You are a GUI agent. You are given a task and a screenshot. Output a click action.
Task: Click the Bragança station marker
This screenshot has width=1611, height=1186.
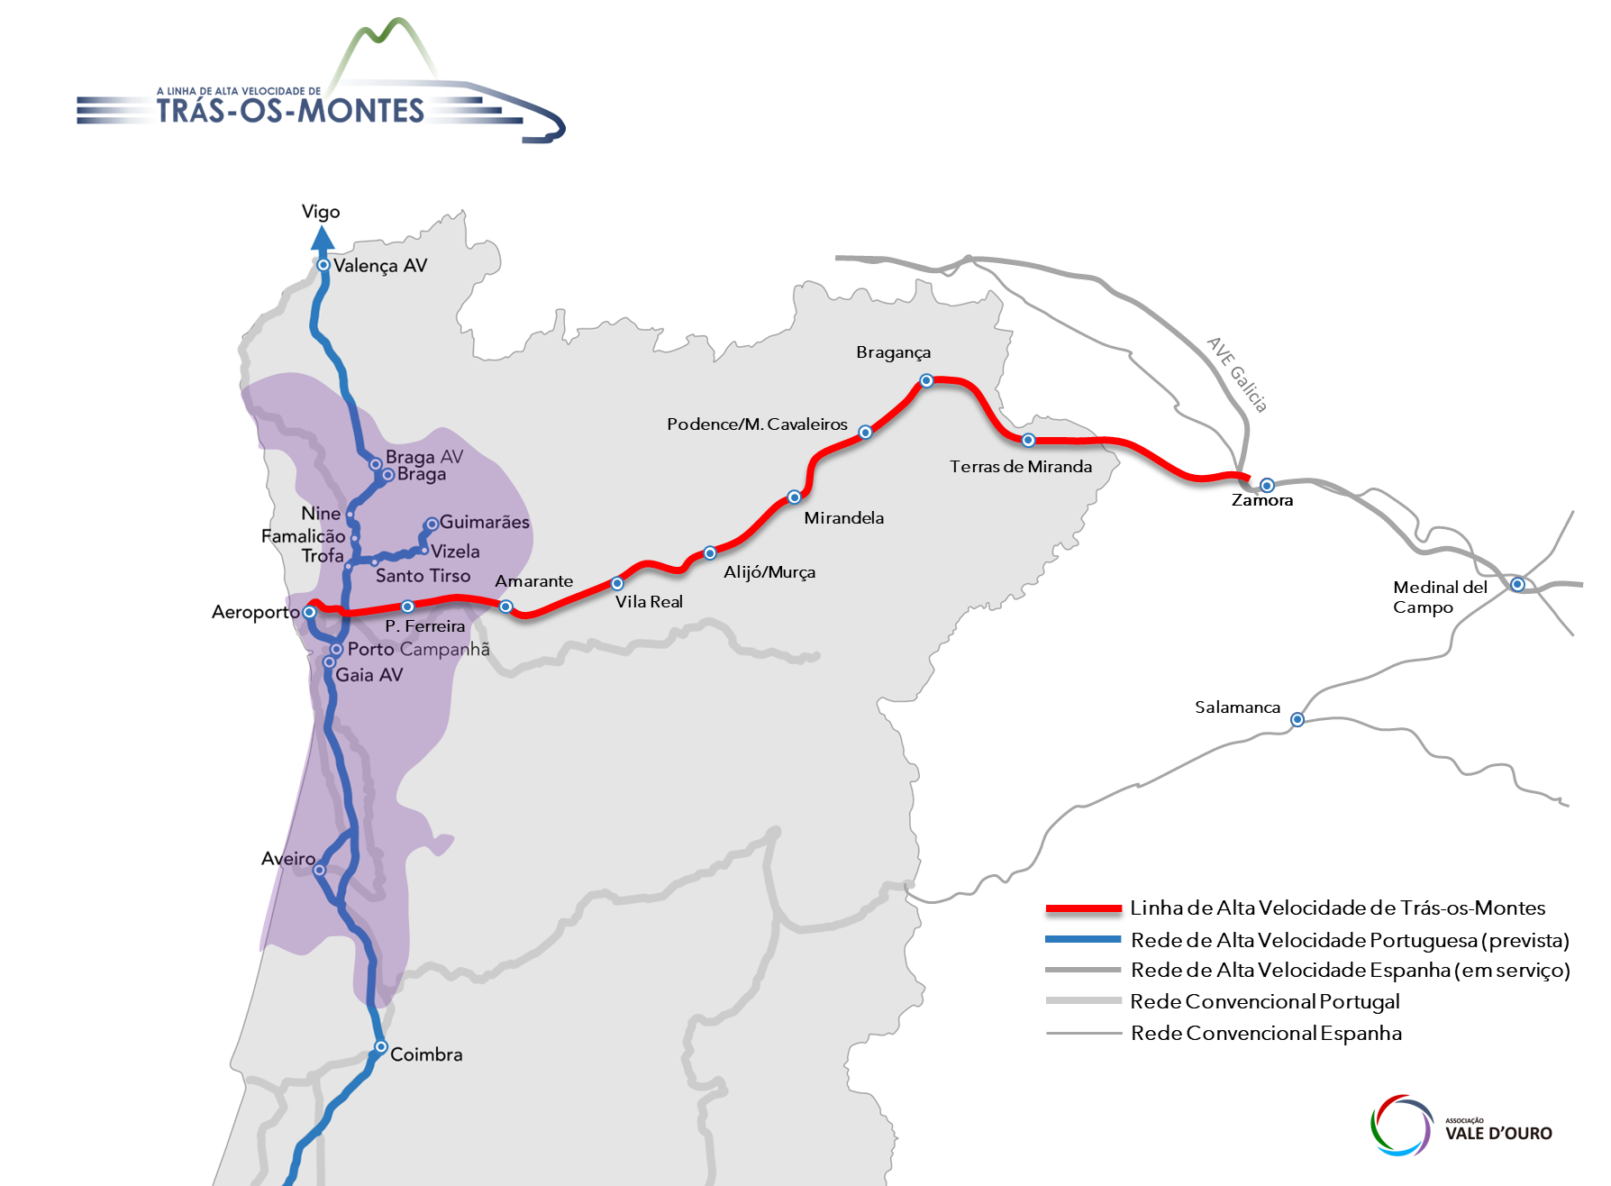click(926, 380)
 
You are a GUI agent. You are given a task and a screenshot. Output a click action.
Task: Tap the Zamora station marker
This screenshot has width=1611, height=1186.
click(1267, 485)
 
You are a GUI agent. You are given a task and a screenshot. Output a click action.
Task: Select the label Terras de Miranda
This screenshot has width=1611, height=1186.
click(1020, 467)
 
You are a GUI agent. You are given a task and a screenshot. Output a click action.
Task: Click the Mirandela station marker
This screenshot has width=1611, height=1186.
click(794, 497)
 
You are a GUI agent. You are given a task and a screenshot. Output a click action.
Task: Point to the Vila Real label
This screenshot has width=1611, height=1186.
click(649, 602)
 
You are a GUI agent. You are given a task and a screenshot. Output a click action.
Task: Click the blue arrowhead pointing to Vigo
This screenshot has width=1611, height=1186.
click(323, 239)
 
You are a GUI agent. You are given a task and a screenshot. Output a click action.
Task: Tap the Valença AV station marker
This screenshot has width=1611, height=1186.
click(323, 265)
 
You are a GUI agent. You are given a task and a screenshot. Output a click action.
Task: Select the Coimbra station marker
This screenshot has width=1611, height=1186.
click(381, 1047)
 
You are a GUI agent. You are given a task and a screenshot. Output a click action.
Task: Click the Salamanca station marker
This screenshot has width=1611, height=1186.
click(1297, 719)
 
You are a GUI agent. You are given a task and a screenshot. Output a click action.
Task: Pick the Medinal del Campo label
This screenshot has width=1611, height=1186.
click(1439, 597)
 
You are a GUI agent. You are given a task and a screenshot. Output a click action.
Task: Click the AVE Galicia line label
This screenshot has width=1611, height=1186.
click(1237, 375)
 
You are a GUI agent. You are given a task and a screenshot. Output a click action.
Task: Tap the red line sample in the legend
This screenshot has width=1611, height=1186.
click(1083, 908)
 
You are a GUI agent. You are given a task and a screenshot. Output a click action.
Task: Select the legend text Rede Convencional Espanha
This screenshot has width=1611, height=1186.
click(1266, 1034)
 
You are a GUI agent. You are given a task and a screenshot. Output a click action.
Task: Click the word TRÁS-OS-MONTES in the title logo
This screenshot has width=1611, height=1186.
click(290, 111)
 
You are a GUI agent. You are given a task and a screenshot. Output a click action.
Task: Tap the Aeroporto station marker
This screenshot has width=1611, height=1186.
click(309, 612)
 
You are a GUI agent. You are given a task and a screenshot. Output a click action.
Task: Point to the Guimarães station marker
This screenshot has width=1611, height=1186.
click(432, 524)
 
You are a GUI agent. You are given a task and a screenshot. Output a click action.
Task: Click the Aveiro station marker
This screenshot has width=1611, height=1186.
click(319, 870)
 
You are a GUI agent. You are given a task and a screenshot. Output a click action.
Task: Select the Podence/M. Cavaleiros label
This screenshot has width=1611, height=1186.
click(757, 424)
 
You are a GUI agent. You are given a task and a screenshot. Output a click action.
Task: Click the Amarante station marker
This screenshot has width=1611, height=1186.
click(506, 607)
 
